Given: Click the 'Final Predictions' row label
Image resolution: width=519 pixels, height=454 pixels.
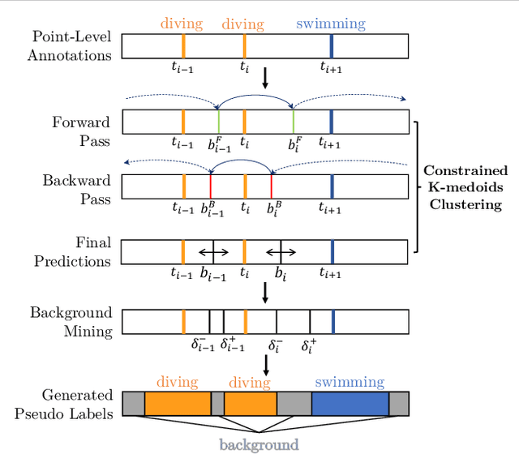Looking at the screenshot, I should point(75,251).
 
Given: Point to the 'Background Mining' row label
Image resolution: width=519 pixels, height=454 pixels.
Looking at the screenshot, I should point(71,320).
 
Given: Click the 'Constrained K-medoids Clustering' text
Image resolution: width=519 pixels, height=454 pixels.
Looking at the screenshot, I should point(465,187).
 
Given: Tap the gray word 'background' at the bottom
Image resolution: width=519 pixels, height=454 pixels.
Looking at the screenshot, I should point(258,444).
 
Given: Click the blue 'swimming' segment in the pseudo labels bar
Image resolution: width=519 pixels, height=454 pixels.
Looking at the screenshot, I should point(350,403).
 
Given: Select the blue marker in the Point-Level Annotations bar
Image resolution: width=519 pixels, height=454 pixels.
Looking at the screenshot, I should point(332,46).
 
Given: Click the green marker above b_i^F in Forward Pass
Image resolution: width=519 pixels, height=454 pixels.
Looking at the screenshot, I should point(294,122).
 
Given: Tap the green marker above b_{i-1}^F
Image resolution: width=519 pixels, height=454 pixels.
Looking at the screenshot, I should point(218,122).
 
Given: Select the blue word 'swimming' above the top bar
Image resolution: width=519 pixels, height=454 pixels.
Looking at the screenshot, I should point(330,24).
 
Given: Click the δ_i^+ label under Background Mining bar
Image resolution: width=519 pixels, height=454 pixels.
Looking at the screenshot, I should point(309,345).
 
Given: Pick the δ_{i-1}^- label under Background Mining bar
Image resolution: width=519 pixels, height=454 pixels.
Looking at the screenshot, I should point(202,345).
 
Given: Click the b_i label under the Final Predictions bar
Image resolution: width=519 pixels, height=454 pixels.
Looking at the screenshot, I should point(281,275).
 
